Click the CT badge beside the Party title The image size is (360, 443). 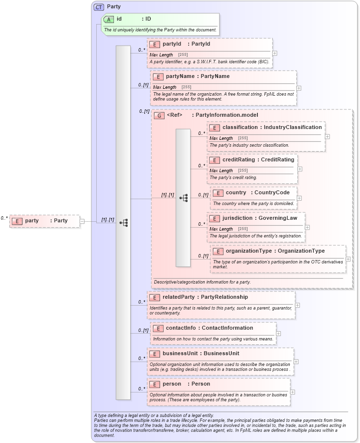[99, 7]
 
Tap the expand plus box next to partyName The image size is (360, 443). [299, 88]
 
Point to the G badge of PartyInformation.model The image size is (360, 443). [159, 115]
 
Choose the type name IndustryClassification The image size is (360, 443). [293, 128]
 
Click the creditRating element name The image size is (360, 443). [238, 160]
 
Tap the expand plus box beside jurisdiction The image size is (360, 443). [307, 227]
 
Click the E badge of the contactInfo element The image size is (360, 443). [158, 328]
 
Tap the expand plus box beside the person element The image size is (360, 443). [292, 392]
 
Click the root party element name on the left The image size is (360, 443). [32, 221]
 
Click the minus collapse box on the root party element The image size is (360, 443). [82, 221]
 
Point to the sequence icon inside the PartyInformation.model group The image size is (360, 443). [183, 198]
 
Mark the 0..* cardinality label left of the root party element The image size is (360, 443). [4, 218]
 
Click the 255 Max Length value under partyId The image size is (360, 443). [182, 55]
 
